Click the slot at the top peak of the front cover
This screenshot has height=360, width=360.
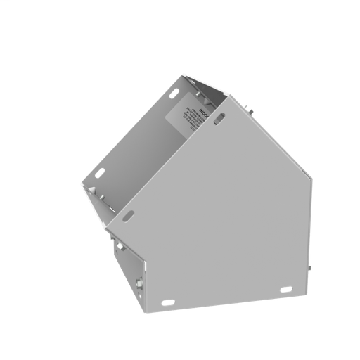[x=220, y=120]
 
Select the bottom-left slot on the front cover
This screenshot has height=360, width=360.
[x=167, y=303]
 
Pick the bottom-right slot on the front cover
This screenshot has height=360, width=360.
[x=285, y=290]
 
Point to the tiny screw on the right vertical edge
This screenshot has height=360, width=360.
[x=309, y=269]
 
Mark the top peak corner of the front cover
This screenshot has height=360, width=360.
[x=227, y=96]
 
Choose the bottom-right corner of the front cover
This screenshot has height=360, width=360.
[x=307, y=292]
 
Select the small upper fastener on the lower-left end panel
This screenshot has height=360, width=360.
[x=120, y=248]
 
